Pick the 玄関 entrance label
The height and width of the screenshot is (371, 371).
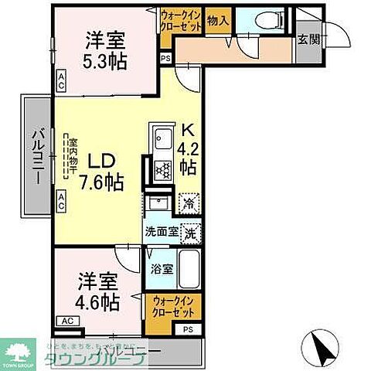(307, 40)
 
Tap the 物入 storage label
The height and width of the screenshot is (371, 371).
(217, 22)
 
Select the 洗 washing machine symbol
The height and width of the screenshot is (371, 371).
(191, 230)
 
